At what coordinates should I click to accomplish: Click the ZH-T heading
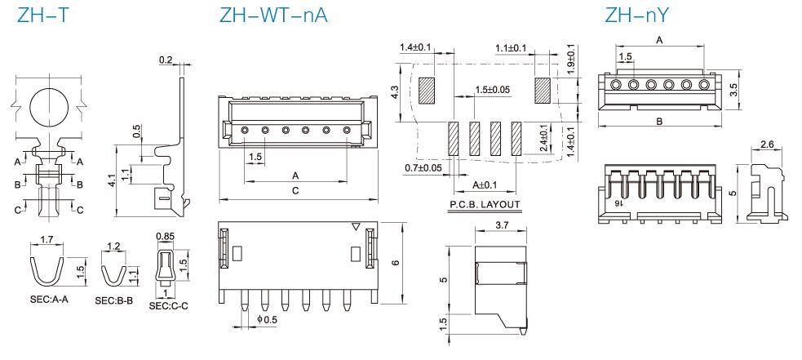[42, 15]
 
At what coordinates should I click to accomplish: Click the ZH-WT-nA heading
[273, 15]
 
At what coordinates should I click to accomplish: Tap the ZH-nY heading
[637, 15]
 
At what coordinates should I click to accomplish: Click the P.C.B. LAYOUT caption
[485, 204]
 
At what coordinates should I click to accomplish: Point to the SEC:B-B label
[114, 300]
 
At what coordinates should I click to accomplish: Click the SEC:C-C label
[169, 306]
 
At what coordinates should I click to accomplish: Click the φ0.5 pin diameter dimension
[267, 319]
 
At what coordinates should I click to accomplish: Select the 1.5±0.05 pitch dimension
[493, 89]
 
